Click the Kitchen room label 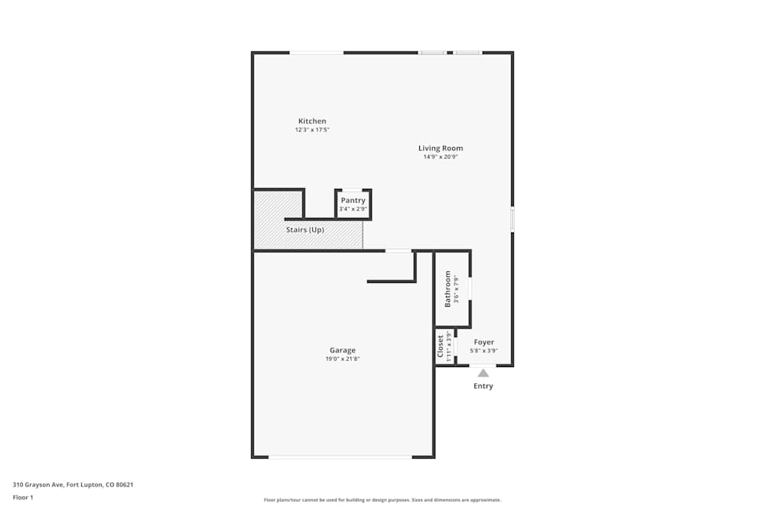pyautogui.click(x=312, y=121)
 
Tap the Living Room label pyautogui.click(x=441, y=148)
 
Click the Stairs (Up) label pyautogui.click(x=305, y=229)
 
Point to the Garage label pyautogui.click(x=343, y=350)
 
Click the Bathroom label pyautogui.click(x=448, y=289)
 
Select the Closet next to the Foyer pyautogui.click(x=441, y=346)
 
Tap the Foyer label pyautogui.click(x=483, y=343)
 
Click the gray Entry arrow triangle pyautogui.click(x=483, y=373)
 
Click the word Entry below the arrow pyautogui.click(x=483, y=386)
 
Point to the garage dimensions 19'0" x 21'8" pyautogui.click(x=343, y=359)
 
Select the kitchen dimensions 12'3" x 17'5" pyautogui.click(x=312, y=130)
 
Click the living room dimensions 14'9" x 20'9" pyautogui.click(x=441, y=157)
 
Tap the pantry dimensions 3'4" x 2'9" pyautogui.click(x=353, y=209)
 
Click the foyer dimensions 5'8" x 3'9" pyautogui.click(x=483, y=351)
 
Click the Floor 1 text pyautogui.click(x=23, y=497)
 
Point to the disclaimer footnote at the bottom pyautogui.click(x=382, y=500)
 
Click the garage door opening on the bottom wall pyautogui.click(x=340, y=457)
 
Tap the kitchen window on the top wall pyautogui.click(x=316, y=52)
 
